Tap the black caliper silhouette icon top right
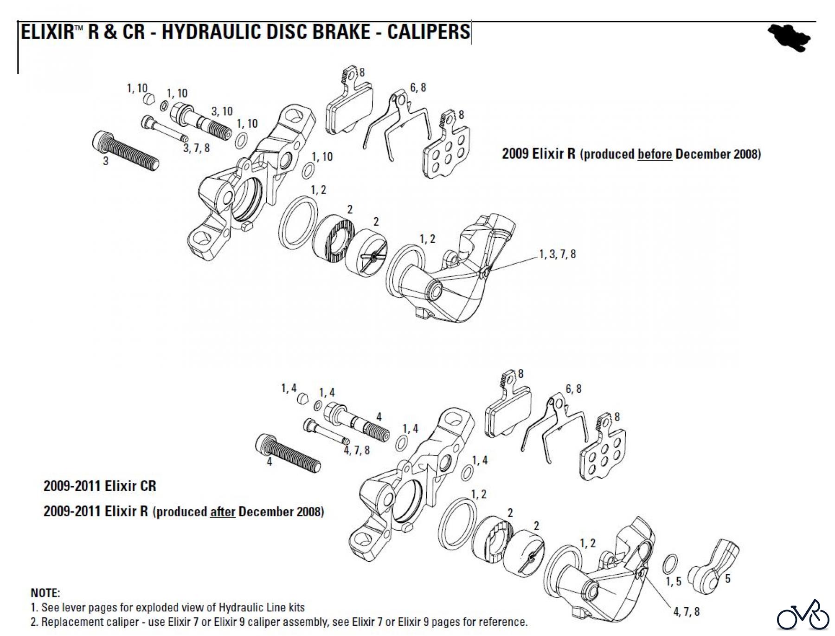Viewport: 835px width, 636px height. point(790,37)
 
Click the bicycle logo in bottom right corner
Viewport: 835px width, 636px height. point(803,616)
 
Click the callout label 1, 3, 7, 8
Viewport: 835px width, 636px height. point(557,254)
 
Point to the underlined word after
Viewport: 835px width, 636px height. point(223,512)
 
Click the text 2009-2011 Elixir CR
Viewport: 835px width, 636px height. point(100,486)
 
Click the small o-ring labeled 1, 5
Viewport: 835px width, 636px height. point(670,564)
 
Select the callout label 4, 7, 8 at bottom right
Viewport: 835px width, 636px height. point(686,612)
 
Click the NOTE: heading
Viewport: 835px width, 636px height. point(45,593)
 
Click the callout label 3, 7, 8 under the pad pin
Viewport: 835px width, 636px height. point(196,148)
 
